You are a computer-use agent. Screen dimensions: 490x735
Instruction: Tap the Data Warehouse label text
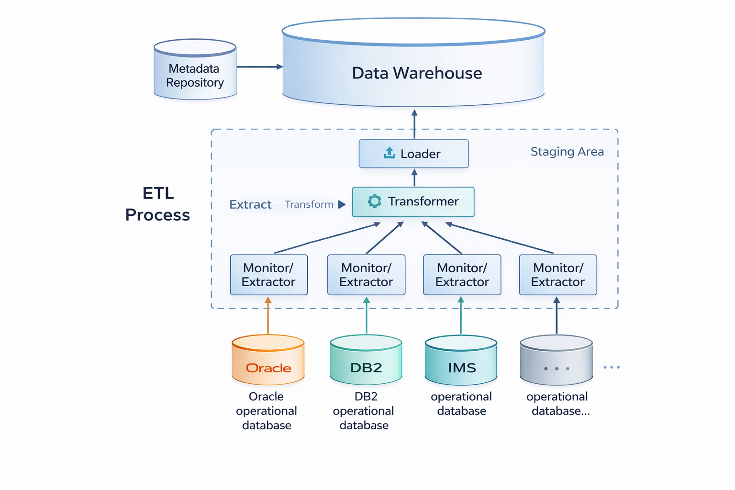point(417,73)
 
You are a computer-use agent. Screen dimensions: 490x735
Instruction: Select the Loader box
point(413,154)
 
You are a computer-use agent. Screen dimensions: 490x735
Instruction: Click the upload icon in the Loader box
point(390,153)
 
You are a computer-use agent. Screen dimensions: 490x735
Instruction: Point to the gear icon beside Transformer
point(374,201)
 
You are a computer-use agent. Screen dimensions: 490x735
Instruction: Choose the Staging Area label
point(567,152)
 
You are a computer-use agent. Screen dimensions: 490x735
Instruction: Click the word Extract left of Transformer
point(250,205)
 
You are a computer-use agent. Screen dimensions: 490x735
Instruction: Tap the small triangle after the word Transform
point(342,204)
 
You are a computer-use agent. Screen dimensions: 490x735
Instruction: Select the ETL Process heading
point(157,204)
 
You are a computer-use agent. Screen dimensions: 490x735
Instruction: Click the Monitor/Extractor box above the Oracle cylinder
point(268,275)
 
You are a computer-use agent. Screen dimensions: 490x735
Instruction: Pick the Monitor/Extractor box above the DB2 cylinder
point(366,275)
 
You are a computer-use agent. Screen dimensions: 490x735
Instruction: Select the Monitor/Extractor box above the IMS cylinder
point(462,275)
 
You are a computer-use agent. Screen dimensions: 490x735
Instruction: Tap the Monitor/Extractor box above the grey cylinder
point(557,275)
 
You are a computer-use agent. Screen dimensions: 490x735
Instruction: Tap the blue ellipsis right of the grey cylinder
point(612,367)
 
